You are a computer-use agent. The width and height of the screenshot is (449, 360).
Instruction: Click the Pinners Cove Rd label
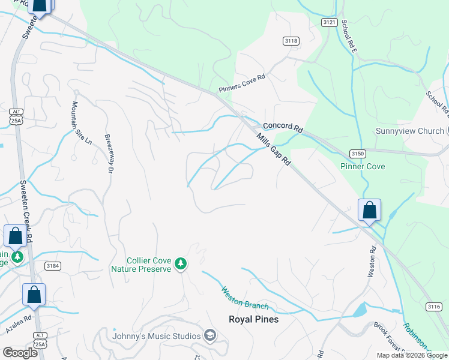pyautogui.click(x=242, y=85)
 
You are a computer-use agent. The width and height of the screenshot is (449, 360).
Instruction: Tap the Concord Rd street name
pyautogui.click(x=283, y=127)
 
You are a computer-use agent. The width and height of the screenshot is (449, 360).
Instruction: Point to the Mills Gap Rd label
pyautogui.click(x=274, y=150)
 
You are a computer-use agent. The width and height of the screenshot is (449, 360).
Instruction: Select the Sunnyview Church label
pyautogui.click(x=409, y=131)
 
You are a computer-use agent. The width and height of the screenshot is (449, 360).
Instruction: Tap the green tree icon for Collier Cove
pyautogui.click(x=180, y=263)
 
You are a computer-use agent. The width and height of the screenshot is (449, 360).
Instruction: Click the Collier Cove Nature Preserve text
pyautogui.click(x=148, y=265)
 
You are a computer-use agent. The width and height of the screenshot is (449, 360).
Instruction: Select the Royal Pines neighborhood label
pyautogui.click(x=253, y=319)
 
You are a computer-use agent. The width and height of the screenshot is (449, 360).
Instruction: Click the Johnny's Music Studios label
pyautogui.click(x=156, y=335)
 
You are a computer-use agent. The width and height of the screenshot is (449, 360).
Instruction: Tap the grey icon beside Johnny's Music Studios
pyautogui.click(x=209, y=335)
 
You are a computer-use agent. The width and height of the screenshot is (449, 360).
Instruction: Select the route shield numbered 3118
pyautogui.click(x=291, y=41)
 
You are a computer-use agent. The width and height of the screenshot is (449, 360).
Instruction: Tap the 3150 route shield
pyautogui.click(x=358, y=154)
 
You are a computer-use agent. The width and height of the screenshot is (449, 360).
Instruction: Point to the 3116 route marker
pyautogui.click(x=434, y=307)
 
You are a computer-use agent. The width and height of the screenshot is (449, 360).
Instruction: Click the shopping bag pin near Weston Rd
pyautogui.click(x=369, y=211)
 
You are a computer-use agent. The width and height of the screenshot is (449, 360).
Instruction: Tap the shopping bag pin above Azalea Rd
pyautogui.click(x=34, y=295)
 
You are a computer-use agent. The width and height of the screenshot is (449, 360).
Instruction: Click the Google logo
pyautogui.click(x=20, y=353)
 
